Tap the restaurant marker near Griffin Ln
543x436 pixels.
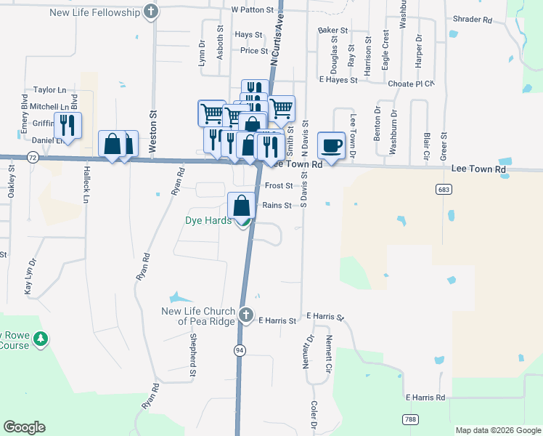[68, 126]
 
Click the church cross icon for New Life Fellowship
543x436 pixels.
[150, 12]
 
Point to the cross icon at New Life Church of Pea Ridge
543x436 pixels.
[246, 315]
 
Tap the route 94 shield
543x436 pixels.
[239, 350]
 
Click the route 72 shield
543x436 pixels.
[32, 157]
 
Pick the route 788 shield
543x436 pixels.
[410, 419]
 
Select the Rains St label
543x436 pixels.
[277, 206]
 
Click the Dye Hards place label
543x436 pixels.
[208, 220]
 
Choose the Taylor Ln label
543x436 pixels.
[49, 90]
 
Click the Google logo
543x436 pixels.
[24, 427]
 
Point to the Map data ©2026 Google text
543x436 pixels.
[497, 430]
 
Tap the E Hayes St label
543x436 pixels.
[338, 80]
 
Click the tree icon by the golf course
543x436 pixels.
[41, 339]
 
